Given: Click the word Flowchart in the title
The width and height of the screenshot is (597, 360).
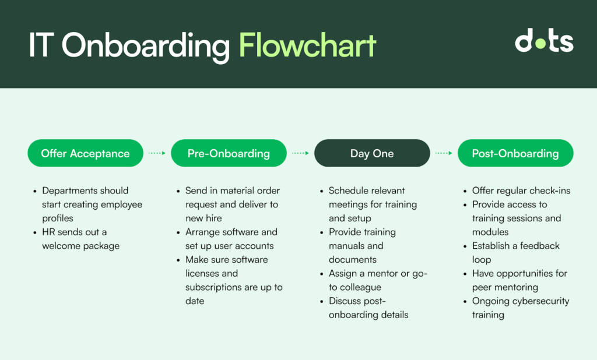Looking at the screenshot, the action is point(308,45).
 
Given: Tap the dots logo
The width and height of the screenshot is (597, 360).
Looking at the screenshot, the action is point(544,40).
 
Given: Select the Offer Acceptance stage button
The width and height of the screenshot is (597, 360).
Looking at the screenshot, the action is point(85,153).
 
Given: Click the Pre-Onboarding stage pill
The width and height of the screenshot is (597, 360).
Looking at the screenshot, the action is point(229,153).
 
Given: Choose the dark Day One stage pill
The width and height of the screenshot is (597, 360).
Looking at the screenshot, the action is point(372,153).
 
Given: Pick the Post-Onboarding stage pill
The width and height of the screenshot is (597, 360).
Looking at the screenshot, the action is point(515,153).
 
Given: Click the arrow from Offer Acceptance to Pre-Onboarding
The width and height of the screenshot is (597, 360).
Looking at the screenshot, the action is point(157,153).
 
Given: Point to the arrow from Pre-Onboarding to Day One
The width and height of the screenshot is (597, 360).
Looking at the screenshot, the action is point(300,153).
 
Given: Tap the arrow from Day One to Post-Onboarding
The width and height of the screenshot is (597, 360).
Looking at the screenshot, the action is point(444,153).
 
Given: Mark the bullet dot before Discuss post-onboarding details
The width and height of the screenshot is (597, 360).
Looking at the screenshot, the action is point(322,301).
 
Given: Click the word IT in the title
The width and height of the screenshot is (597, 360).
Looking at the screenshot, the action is point(39,45).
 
